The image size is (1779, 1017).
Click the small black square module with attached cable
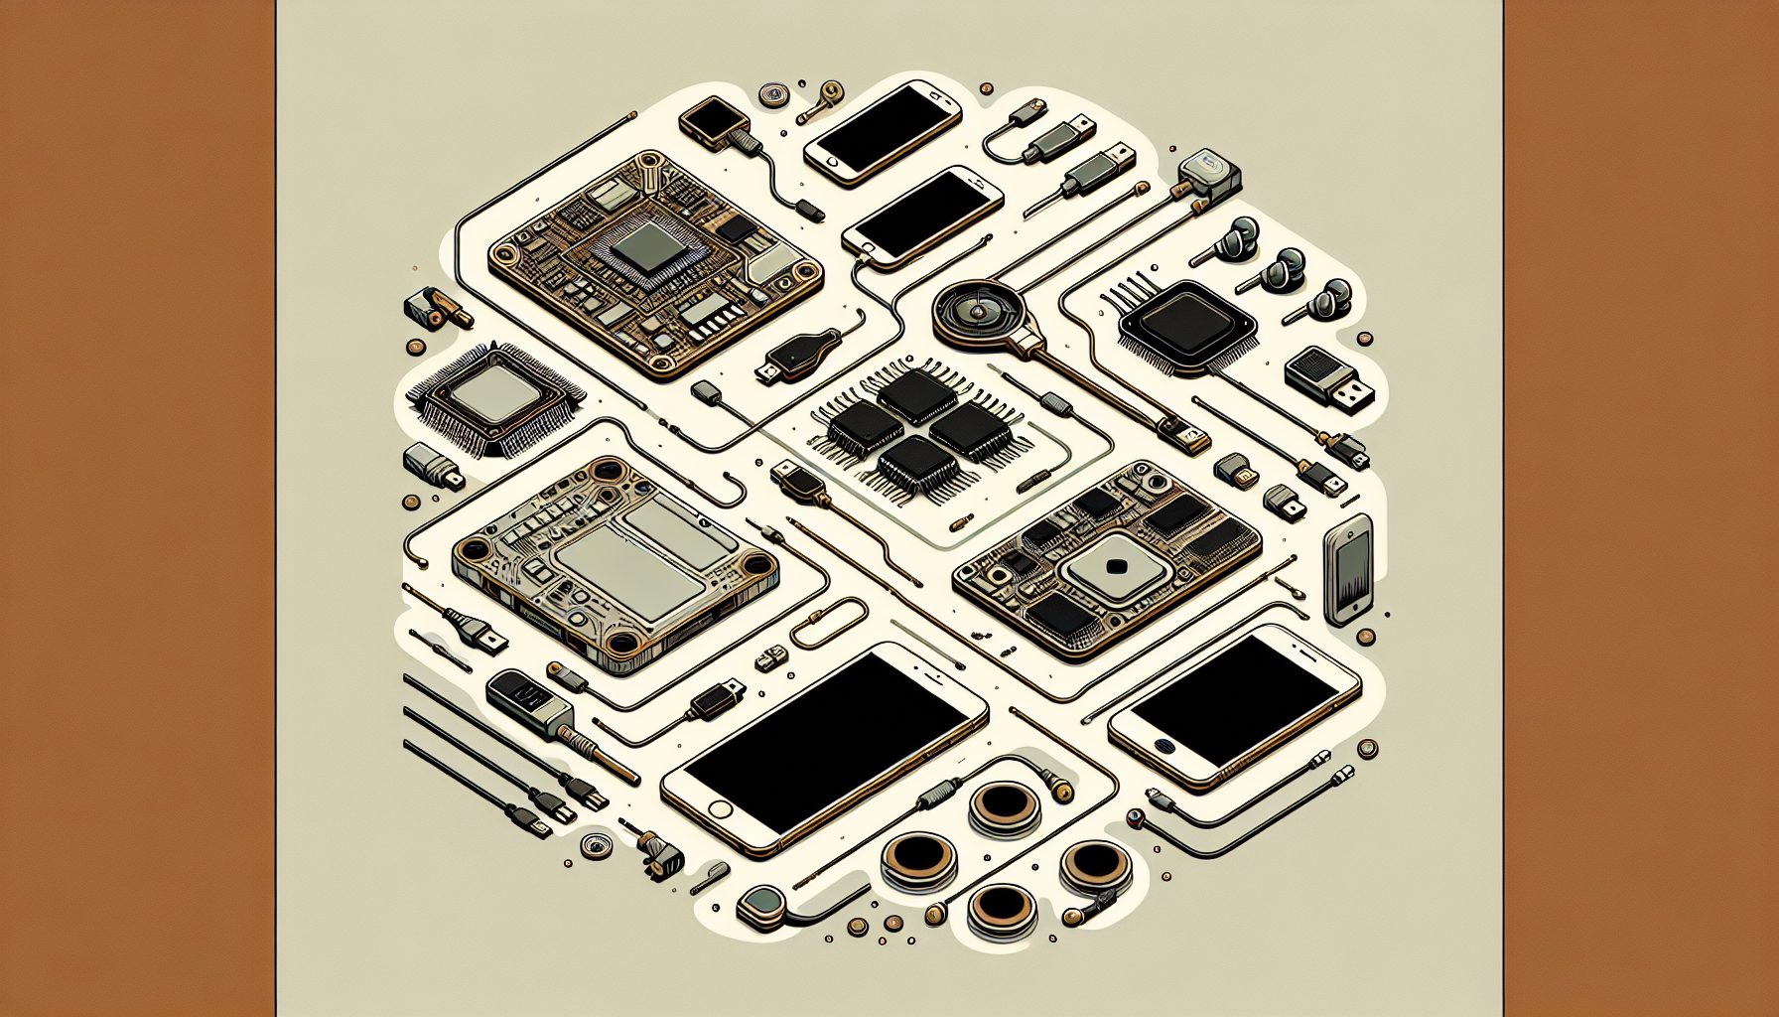click(714, 122)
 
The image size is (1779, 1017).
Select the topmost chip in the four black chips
click(916, 394)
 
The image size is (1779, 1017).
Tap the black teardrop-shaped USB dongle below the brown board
click(798, 354)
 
